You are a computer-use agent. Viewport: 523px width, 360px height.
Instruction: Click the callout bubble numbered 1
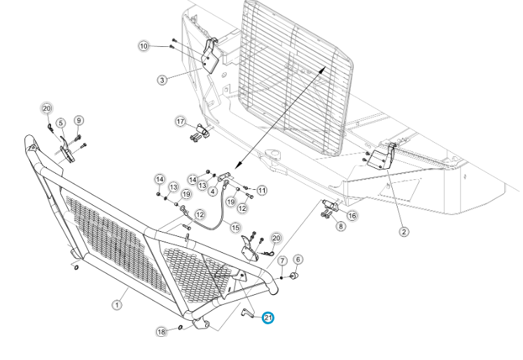pyautogui.click(x=117, y=305)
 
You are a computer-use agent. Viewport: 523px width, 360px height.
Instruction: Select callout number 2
pyautogui.click(x=404, y=232)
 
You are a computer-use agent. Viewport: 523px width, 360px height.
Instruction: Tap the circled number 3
pyautogui.click(x=162, y=80)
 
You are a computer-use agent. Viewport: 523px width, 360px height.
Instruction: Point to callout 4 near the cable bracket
pyautogui.click(x=213, y=191)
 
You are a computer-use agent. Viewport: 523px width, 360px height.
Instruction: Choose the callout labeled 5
pyautogui.click(x=61, y=123)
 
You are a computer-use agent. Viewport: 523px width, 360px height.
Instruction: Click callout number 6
pyautogui.click(x=298, y=260)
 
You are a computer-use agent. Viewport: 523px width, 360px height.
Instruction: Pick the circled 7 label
pyautogui.click(x=283, y=261)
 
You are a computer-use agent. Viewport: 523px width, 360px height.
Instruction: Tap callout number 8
pyautogui.click(x=340, y=226)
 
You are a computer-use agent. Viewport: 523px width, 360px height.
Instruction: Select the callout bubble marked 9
pyautogui.click(x=78, y=120)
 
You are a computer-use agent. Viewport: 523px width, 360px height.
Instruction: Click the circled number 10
pyautogui.click(x=144, y=46)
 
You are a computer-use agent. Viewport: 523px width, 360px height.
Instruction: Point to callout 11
pyautogui.click(x=262, y=191)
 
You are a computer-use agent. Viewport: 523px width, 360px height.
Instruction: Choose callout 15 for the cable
pyautogui.click(x=235, y=228)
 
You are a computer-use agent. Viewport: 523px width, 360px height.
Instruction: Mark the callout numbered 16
pyautogui.click(x=352, y=216)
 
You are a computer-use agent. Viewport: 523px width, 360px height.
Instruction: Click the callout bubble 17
pyautogui.click(x=181, y=121)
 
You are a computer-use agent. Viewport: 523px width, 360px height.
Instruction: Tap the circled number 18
pyautogui.click(x=162, y=332)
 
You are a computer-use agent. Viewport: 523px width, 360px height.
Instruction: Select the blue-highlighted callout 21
pyautogui.click(x=268, y=318)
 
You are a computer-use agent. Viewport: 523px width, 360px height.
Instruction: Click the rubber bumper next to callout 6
pyautogui.click(x=294, y=276)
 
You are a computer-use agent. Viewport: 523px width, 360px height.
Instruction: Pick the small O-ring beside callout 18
pyautogui.click(x=181, y=327)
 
